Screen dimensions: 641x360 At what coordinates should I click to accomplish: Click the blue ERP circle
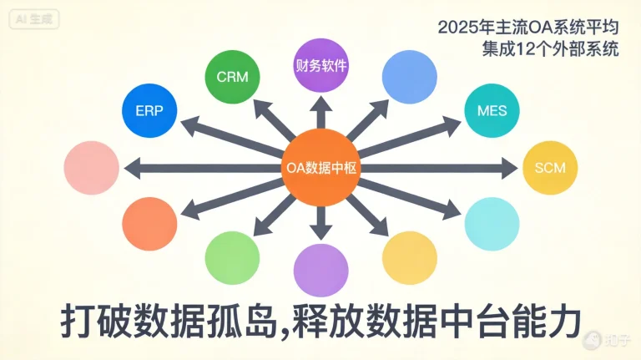pyautogui.click(x=149, y=110)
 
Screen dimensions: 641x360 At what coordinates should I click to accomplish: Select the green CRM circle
pyautogui.click(x=232, y=77)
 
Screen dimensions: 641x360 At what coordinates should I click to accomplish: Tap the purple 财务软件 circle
pyautogui.click(x=320, y=65)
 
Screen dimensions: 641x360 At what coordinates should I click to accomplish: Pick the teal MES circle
pyautogui.click(x=492, y=110)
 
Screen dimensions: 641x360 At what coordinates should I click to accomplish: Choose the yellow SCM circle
pyautogui.click(x=550, y=168)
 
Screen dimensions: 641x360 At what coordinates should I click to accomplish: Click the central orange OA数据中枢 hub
pyautogui.click(x=320, y=168)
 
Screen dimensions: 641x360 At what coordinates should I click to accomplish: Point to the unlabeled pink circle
pyautogui.click(x=92, y=168)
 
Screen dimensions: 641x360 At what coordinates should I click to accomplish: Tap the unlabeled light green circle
pyautogui.click(x=232, y=258)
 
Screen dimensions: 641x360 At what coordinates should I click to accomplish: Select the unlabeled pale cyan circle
pyautogui.click(x=492, y=224)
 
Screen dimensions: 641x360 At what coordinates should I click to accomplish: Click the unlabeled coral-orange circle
pyautogui.click(x=149, y=224)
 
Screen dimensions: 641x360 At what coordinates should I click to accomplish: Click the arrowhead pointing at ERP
pyautogui.click(x=189, y=124)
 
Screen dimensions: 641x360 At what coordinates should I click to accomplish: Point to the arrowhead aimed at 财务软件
pyautogui.click(x=320, y=105)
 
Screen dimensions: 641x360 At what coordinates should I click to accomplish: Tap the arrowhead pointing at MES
pyautogui.click(x=452, y=125)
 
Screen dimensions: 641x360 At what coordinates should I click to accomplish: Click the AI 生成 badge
pyautogui.click(x=34, y=19)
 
